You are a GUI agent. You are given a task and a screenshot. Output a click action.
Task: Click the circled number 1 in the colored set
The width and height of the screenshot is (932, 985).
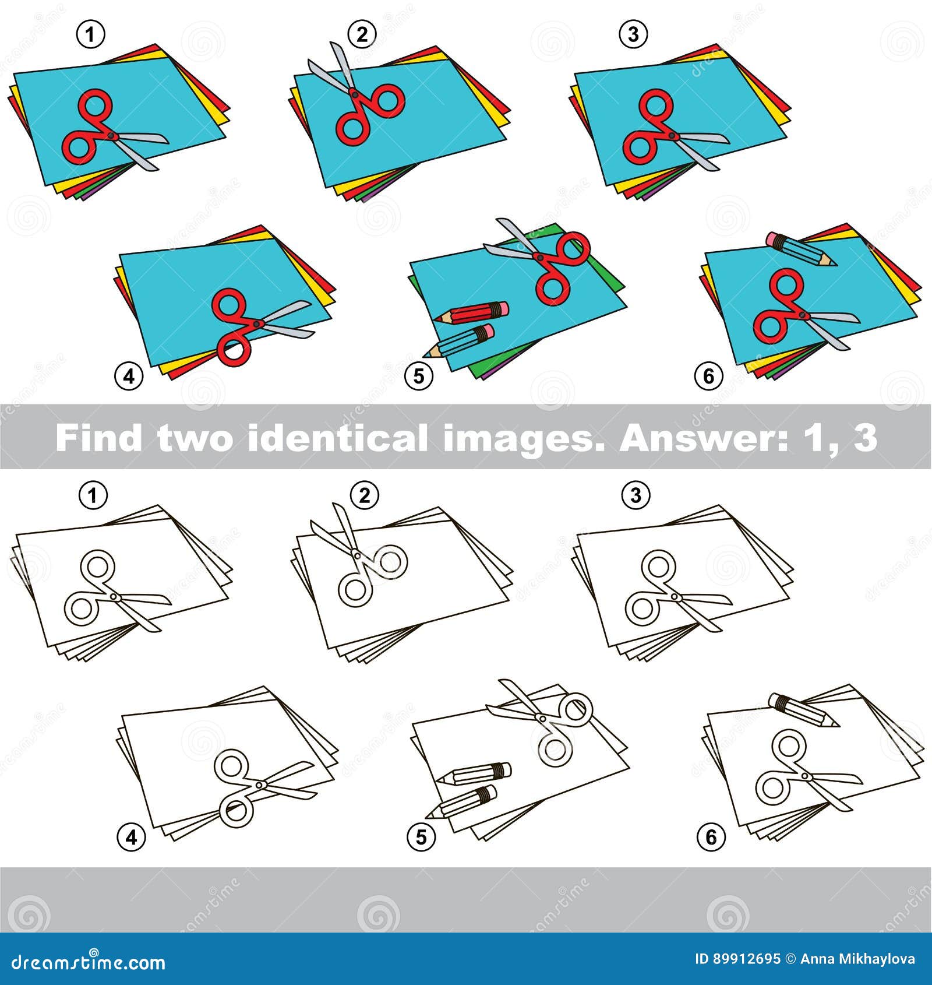(x=90, y=35)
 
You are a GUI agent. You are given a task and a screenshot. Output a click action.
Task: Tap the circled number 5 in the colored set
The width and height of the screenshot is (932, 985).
(x=419, y=376)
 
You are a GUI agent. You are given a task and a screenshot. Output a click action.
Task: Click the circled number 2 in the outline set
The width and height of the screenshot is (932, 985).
(x=365, y=496)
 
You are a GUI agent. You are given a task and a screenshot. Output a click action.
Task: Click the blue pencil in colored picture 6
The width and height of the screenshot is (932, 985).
(x=802, y=248)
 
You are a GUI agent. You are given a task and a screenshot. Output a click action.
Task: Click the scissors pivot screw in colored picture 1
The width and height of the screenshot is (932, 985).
(x=111, y=135)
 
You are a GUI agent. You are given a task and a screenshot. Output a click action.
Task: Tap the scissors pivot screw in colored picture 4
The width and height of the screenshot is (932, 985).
(x=256, y=323)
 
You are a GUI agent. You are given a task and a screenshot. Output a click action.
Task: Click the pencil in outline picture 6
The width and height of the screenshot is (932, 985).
(x=804, y=710)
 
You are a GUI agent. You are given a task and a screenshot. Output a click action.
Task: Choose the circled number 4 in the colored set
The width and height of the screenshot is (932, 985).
(x=129, y=376)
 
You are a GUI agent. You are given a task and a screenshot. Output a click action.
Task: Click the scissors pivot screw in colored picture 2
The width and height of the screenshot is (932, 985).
(x=354, y=93)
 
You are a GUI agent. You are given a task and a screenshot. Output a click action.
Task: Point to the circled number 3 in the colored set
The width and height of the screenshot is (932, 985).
(x=633, y=35)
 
